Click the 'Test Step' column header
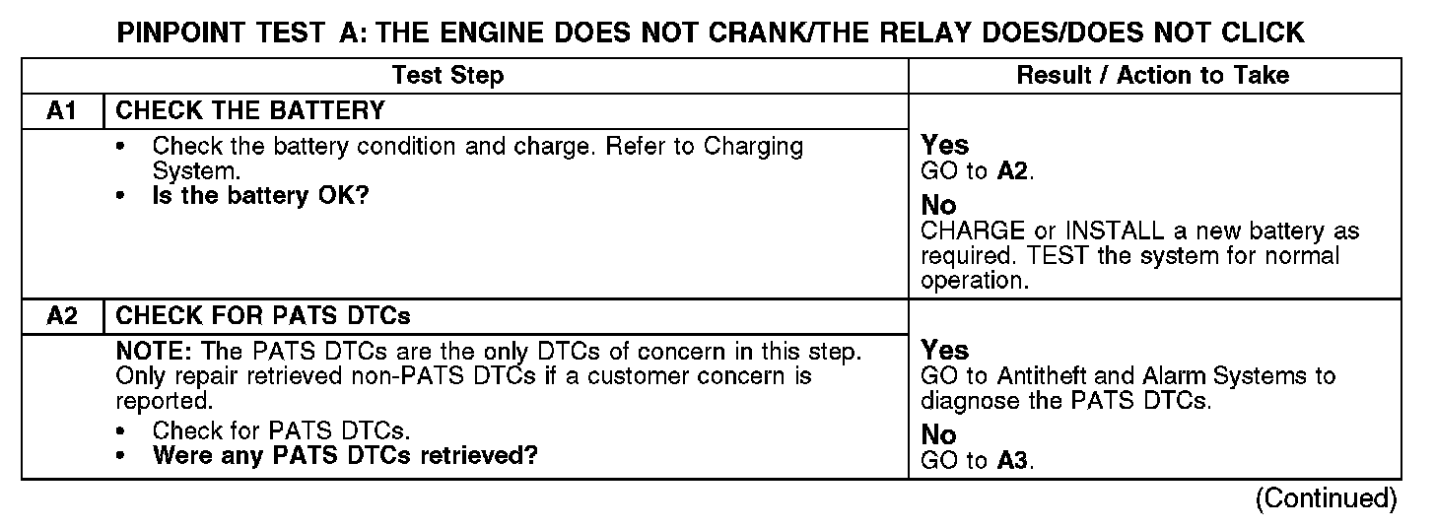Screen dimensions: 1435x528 coord(447,76)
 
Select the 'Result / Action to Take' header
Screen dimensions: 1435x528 coord(1152,76)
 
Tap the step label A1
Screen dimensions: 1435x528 coord(62,110)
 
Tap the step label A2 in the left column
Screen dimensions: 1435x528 coord(62,316)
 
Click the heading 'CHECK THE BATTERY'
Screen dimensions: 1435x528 coord(250,110)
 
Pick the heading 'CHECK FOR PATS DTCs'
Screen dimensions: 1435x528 coord(263,316)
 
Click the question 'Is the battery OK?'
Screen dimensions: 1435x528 coord(260,196)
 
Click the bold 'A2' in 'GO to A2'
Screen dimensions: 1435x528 coord(1014,172)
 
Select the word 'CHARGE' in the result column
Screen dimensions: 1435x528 coord(970,232)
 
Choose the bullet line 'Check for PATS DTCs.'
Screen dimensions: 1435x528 coord(281,431)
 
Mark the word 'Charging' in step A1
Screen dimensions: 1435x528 coord(753,148)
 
